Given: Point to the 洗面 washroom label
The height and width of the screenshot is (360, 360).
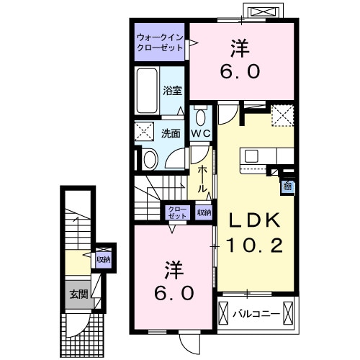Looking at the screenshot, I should [170, 133].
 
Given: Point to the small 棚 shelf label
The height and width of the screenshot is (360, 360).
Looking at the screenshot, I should [287, 186].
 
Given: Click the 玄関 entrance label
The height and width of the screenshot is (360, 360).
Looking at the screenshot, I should [78, 293].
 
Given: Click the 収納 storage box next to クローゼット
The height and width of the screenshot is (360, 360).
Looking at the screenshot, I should [203, 212].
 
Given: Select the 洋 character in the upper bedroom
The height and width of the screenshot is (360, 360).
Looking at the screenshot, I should [240, 48].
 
